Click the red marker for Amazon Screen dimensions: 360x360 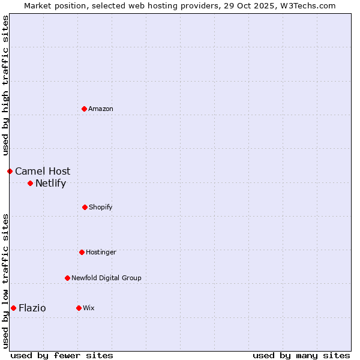pyautogui.click(x=84, y=109)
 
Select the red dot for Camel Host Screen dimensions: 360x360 pyautogui.click(x=10, y=171)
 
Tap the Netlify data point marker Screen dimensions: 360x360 pyautogui.click(x=30, y=183)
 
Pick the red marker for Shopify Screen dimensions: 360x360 pyautogui.click(x=85, y=207)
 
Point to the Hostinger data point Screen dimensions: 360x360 pyautogui.click(x=82, y=252)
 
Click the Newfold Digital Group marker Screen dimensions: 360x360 pyautogui.click(x=67, y=278)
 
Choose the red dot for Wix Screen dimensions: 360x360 pyautogui.click(x=79, y=308)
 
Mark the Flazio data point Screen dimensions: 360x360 pyautogui.click(x=13, y=308)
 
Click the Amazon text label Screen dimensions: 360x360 pyautogui.click(x=101, y=109)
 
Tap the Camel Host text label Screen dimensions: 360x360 pyautogui.click(x=43, y=171)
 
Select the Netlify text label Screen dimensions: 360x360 pyautogui.click(x=50, y=183)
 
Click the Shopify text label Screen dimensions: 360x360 pyautogui.click(x=101, y=207)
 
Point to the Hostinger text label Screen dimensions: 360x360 pyautogui.click(x=101, y=252)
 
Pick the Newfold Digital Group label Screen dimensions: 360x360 pyautogui.click(x=106, y=278)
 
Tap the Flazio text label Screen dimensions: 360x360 pyautogui.click(x=32, y=308)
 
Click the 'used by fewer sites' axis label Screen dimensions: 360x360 pyautogui.click(x=62, y=355)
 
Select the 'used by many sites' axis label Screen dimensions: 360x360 pyautogui.click(x=301, y=355)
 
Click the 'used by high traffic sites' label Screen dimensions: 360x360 pyautogui.click(x=5, y=85)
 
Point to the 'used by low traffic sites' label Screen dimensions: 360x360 pyautogui.click(x=5, y=281)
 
